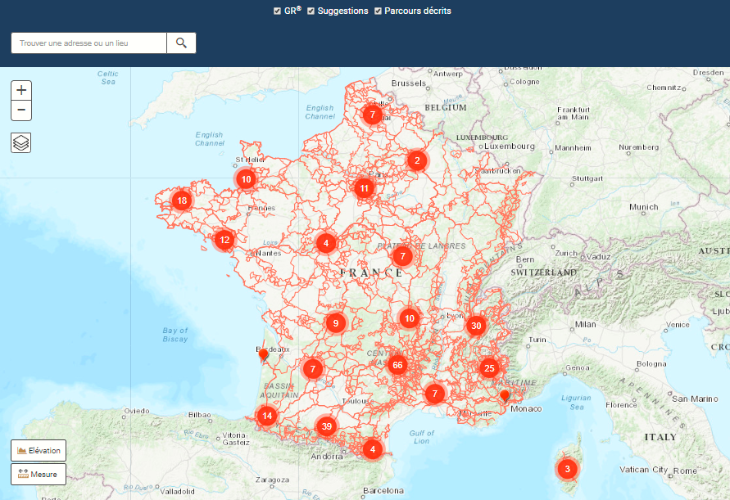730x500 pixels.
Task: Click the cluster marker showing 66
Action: coord(398,365)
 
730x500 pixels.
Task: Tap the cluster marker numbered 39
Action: coord(327,426)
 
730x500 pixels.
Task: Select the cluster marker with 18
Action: coord(182,200)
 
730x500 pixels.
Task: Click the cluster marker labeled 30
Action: coord(475,326)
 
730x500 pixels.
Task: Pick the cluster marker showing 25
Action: coord(489,368)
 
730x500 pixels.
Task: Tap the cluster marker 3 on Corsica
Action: coord(566,470)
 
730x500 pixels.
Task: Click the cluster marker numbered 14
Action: coord(266,416)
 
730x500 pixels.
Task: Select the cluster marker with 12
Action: coord(224,241)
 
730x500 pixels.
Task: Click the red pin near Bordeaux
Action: coord(263,354)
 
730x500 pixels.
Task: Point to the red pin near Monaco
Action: coord(505,397)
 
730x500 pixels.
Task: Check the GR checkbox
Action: coord(278,11)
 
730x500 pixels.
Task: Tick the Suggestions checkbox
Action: coord(311,11)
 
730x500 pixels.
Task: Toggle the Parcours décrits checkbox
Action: coord(378,11)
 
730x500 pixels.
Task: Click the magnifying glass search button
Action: coord(181,43)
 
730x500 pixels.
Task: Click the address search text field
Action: coord(88,43)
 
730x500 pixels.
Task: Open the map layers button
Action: coord(21,143)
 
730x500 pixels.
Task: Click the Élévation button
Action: coord(39,451)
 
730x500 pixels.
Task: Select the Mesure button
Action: coord(39,474)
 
